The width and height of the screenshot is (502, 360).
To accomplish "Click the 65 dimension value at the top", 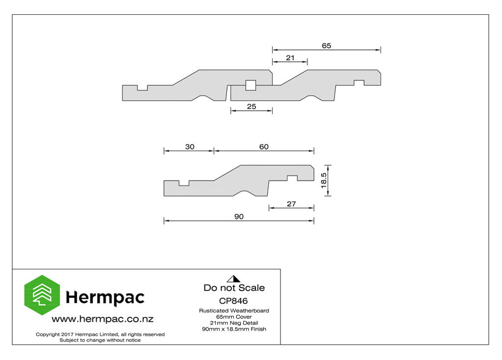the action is tap(326, 46).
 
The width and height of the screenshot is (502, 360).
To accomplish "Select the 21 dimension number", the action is tap(290, 58).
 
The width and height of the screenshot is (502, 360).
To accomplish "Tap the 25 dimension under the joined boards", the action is tap(251, 107).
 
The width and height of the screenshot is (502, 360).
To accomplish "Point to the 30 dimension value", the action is tap(190, 147).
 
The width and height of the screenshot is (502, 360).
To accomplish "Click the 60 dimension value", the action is tap(264, 147).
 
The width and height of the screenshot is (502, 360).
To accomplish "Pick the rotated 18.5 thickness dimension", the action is tap(324, 180).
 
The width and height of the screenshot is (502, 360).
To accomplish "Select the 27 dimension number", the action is tap(291, 204).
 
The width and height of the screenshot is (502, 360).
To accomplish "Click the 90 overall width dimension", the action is tap(239, 216).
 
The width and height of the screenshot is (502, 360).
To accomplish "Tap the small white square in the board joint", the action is tap(251, 85).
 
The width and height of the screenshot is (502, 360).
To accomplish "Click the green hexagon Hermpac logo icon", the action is tap(42, 295).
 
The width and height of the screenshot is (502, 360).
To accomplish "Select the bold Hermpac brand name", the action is tap(105, 298).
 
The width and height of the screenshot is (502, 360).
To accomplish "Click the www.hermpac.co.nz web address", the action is tap(102, 319).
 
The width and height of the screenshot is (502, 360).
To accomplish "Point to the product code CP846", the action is tap(233, 301).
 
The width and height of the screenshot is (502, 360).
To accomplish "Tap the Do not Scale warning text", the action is tap(234, 288).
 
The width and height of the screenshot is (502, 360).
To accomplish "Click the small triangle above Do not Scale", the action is tap(234, 279).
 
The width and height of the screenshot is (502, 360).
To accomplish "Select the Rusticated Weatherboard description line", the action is tap(234, 311).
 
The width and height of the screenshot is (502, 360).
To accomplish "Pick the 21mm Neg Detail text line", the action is tap(234, 323).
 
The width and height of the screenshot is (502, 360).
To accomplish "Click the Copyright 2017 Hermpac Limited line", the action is tap(100, 335).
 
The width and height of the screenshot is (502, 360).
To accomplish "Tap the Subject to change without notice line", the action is tap(100, 340).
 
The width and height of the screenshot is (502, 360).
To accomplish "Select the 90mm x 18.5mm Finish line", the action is tap(234, 329).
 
